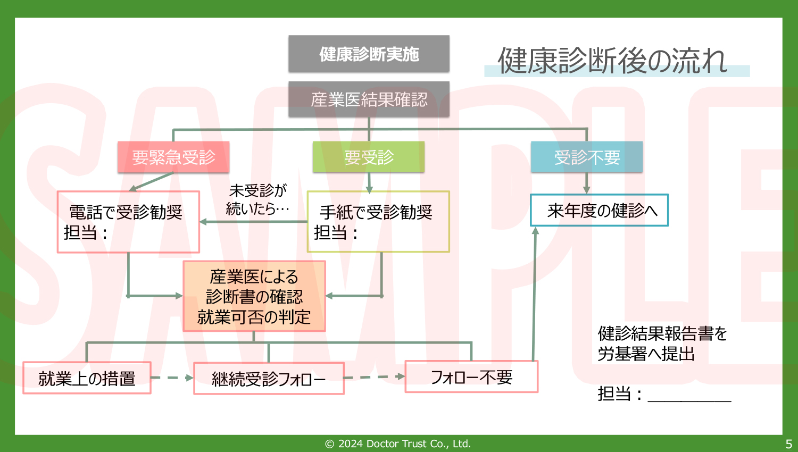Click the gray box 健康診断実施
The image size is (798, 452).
click(369, 54)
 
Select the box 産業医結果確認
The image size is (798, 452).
click(369, 99)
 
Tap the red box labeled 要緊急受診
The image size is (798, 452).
click(173, 157)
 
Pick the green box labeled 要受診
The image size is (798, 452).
click(368, 157)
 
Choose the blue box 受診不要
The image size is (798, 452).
click(586, 157)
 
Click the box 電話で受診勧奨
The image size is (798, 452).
click(128, 222)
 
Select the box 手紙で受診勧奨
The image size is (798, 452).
click(378, 222)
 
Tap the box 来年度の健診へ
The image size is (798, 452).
click(599, 211)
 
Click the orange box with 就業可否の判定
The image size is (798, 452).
click(254, 296)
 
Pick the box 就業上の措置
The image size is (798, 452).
click(87, 378)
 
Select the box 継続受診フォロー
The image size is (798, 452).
click(269, 379)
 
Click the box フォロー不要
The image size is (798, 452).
click(471, 377)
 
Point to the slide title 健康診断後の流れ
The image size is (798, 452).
click(612, 61)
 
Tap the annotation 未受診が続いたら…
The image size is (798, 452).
click(257, 199)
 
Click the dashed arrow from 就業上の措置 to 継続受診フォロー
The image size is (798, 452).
click(172, 378)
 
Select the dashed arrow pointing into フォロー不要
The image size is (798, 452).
click(374, 377)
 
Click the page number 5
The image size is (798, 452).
click(788, 443)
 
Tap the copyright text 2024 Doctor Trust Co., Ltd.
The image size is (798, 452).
click(398, 443)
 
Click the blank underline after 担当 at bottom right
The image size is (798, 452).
click(689, 397)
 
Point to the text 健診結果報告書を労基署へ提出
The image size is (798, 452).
click(662, 344)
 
